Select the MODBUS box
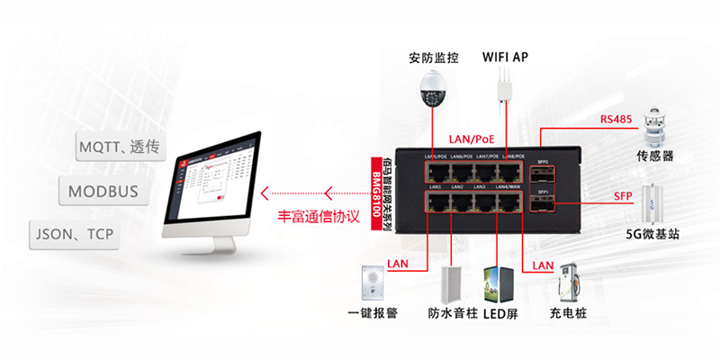(x=104, y=192)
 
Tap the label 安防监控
(x=433, y=58)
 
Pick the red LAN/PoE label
(x=472, y=139)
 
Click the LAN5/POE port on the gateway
(x=434, y=169)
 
